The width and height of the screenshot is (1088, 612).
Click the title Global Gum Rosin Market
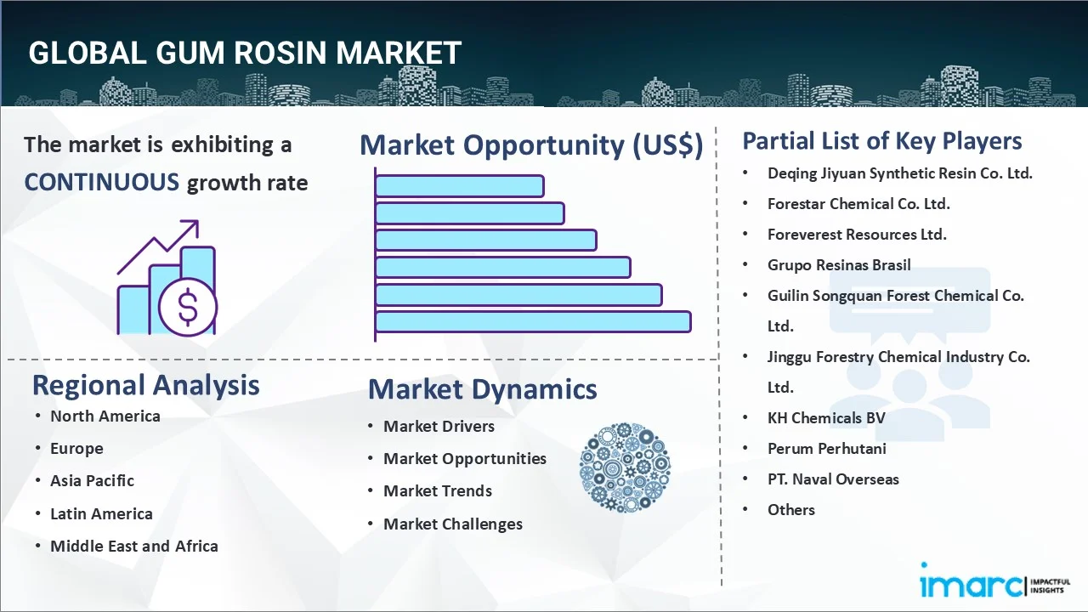point(245,53)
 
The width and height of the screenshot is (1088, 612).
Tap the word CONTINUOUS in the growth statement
point(101,182)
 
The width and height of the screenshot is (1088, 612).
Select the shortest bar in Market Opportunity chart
point(459,185)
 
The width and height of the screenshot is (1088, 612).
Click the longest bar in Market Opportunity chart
point(533,321)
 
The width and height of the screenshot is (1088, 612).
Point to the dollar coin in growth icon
point(188,307)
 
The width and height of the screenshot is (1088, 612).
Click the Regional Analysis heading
point(145,385)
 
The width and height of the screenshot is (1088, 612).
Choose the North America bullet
point(105,416)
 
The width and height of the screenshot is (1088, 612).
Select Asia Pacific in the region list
point(92,480)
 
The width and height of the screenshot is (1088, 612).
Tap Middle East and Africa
point(133,546)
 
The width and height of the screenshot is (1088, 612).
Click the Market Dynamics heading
point(482,389)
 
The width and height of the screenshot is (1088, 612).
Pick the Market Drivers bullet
point(439,426)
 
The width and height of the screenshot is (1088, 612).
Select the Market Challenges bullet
point(452,524)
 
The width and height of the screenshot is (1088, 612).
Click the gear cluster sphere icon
point(625,467)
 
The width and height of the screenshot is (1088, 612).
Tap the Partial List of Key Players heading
point(881,141)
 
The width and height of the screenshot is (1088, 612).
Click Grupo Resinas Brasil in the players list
point(839,264)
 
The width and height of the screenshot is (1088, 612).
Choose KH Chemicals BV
point(825,417)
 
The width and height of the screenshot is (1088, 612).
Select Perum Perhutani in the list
point(826,448)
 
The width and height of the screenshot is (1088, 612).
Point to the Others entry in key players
point(790,509)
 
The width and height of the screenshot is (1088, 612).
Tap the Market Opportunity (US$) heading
point(531,145)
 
